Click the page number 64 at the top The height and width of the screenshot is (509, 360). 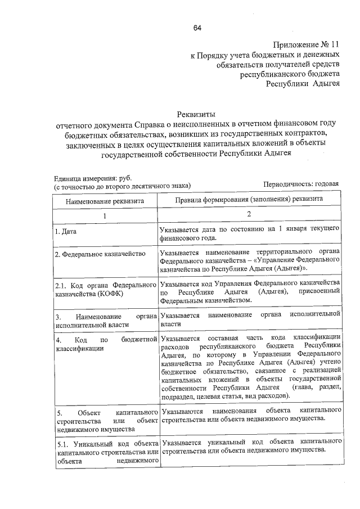[x=197, y=28]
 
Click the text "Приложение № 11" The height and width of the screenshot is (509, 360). [x=307, y=44]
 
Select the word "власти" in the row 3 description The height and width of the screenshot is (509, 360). [x=170, y=325]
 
